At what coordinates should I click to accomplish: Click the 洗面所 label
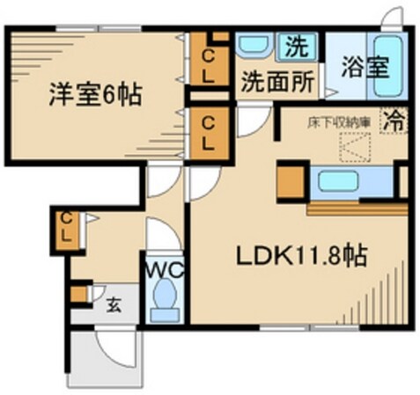pos(277,83)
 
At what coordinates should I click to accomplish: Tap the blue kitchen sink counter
pos(343,183)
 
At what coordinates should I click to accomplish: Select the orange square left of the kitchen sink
pos(289,183)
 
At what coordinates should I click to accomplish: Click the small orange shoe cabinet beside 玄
pos(80,293)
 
